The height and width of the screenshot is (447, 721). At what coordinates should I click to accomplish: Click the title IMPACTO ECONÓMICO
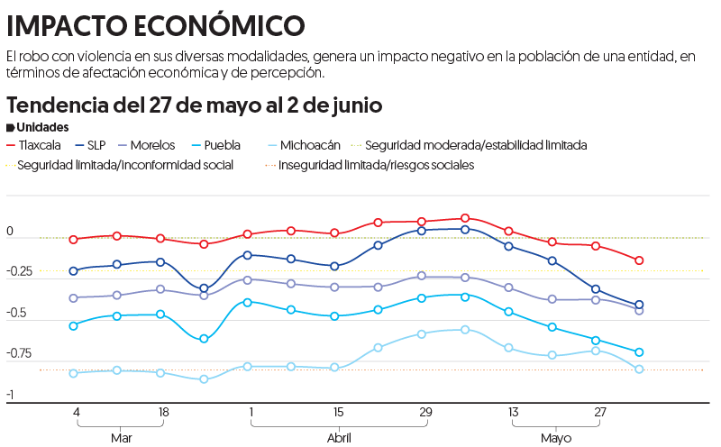(x=155, y=24)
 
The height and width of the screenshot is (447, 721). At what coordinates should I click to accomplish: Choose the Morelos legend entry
(x=151, y=144)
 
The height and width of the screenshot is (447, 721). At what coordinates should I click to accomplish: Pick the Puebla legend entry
(x=222, y=144)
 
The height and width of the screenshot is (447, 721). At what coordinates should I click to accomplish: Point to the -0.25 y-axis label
(x=19, y=272)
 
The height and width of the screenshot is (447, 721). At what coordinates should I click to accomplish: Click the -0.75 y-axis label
(x=19, y=353)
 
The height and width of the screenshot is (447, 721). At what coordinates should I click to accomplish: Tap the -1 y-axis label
(x=10, y=395)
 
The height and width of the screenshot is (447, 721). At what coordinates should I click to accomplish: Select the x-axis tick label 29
(x=424, y=412)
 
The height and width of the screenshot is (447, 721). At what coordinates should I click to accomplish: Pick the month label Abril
(x=338, y=438)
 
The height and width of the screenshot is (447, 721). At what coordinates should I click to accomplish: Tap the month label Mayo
(x=556, y=438)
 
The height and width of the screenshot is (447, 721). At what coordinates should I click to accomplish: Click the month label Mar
(x=121, y=438)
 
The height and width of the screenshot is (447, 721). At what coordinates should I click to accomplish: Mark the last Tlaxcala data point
(x=639, y=260)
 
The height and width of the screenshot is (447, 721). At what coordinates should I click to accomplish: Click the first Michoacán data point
(x=74, y=372)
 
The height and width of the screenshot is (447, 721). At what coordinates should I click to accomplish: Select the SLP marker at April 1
(x=248, y=255)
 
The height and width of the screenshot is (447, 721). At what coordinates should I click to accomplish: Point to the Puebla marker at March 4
(x=74, y=325)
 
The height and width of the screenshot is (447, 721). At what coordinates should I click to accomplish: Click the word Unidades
(x=42, y=127)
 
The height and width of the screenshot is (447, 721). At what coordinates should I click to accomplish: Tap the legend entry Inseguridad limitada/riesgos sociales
(x=376, y=165)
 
